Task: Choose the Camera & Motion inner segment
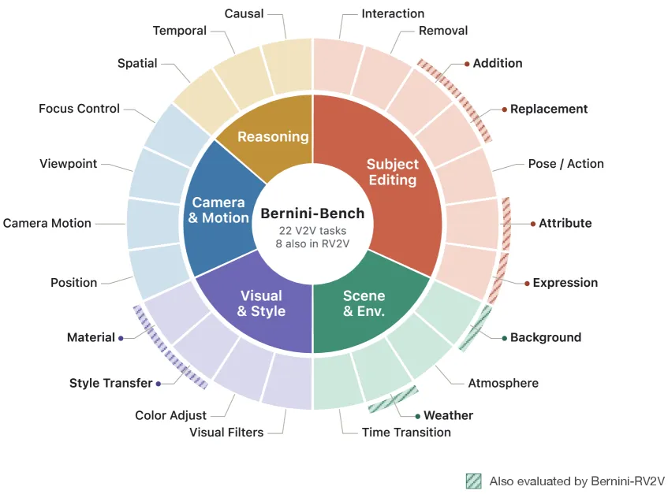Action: coord(218,210)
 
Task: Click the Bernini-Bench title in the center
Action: coord(312,214)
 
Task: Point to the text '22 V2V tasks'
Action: coord(312,231)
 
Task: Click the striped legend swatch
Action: coord(474,481)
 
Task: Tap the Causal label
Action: coord(244,13)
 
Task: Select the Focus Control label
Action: coord(79,109)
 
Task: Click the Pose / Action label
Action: coord(565,164)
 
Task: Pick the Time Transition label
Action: coord(406,433)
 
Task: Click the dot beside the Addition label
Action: coord(467,64)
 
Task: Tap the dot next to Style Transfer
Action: coord(159,384)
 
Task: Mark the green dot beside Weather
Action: coord(417,416)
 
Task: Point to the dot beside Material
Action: coord(121,338)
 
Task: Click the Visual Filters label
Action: coord(226,433)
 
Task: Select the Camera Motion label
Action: coord(47,224)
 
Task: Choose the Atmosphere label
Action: coord(503,383)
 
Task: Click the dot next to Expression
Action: coord(527,284)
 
